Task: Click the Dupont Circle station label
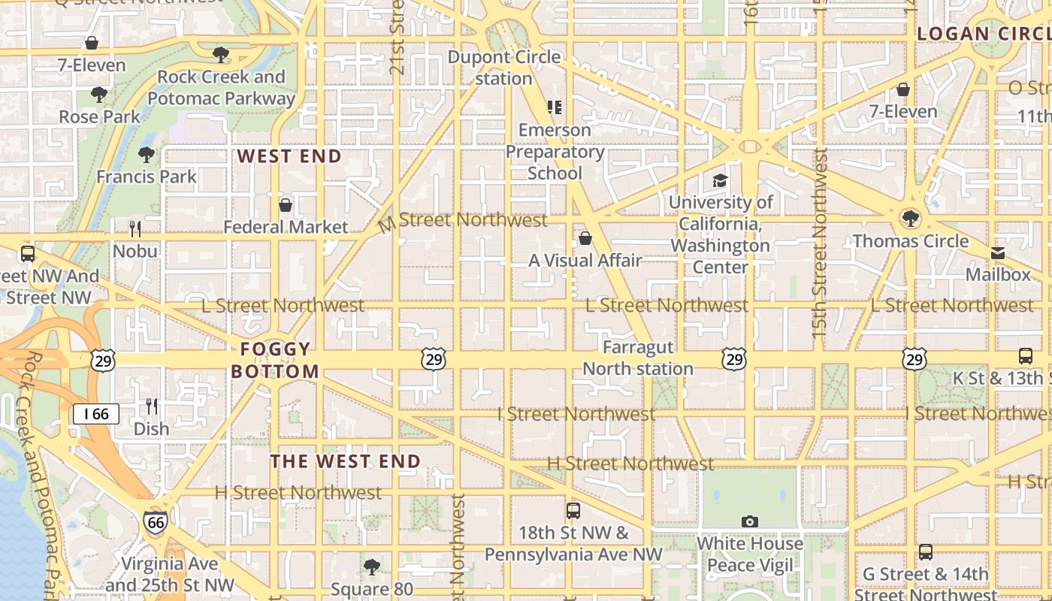point(504,68)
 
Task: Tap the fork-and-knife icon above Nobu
point(135,229)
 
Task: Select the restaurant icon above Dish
point(152,406)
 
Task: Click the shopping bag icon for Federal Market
point(286,205)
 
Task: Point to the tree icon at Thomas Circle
point(911,219)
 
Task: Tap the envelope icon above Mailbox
point(998,253)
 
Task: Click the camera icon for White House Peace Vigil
point(749,521)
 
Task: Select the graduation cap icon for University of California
point(720,180)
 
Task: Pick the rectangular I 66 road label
point(96,413)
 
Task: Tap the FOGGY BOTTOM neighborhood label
point(275,360)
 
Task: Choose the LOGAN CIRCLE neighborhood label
point(984,34)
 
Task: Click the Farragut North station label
point(638,358)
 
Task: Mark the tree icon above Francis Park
point(147,155)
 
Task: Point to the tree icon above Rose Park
point(99,95)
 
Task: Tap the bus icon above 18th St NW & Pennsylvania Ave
point(573,511)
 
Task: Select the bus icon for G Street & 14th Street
point(926,552)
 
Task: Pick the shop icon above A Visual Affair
point(585,239)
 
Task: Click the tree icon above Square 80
point(371,566)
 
